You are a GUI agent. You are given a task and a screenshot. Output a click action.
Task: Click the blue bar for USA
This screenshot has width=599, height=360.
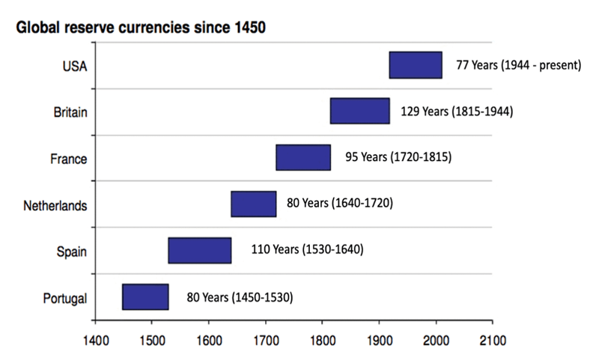[x=415, y=65]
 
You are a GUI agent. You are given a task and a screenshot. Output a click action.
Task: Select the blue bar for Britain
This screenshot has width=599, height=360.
[x=359, y=111]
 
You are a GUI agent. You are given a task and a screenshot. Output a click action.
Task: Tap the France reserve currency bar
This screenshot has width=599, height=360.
[x=303, y=158]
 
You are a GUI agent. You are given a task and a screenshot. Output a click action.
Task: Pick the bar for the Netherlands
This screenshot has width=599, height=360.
[x=253, y=204]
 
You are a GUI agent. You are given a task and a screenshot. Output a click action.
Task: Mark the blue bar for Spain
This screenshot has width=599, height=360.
[x=199, y=251]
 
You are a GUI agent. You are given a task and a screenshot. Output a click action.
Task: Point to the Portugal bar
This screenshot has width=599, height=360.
[x=145, y=297]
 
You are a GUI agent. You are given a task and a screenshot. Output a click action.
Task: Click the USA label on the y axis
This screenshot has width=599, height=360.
[x=75, y=66]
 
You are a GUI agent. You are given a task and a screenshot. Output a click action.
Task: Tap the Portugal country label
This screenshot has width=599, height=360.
[x=66, y=298]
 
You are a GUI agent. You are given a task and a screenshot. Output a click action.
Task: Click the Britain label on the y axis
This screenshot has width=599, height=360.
[x=70, y=112]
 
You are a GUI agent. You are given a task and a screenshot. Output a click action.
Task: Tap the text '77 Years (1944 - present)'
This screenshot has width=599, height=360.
[x=518, y=65]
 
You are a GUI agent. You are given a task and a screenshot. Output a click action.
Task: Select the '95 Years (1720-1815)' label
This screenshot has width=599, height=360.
[x=397, y=158]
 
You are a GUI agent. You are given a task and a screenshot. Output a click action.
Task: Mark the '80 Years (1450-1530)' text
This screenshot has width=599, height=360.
[x=240, y=296]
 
